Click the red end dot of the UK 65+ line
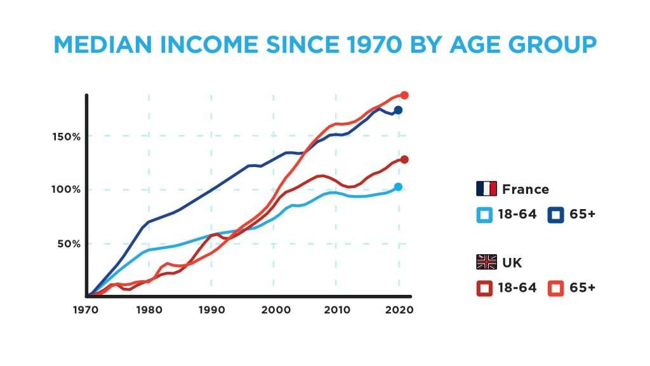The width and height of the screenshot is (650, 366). pos(404,95)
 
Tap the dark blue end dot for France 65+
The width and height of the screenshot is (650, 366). pos(398,110)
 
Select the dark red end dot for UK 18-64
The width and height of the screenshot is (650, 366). pos(404,159)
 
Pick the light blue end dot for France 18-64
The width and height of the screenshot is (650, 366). pos(398,187)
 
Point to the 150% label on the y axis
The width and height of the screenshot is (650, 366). pos(66,137)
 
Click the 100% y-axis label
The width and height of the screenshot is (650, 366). pos(66,189)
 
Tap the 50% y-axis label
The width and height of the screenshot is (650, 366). pos(69,243)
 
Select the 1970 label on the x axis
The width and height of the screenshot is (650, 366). pos(86,310)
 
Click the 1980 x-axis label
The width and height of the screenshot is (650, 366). pos(149,310)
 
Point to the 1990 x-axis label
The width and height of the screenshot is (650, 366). pos(212,310)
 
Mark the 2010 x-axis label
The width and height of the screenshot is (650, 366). pos(337,310)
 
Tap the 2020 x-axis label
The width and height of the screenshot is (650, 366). pos(399,310)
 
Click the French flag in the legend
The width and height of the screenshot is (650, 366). pos(487,188)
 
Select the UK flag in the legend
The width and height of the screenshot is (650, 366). pos(487,262)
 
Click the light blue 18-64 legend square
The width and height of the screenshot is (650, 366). pos(484,215)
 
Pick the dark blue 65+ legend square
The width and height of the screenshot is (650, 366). pos(556,215)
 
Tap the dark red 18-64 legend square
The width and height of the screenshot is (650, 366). pos(484,288)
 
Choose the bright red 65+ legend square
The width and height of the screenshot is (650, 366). pos(556,288)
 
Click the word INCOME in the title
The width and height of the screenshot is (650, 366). pos(209,45)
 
